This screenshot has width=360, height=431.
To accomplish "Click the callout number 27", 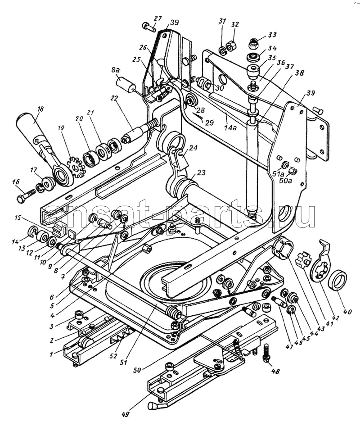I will tap(157, 18).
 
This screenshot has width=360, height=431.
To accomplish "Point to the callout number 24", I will tap(193, 147).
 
